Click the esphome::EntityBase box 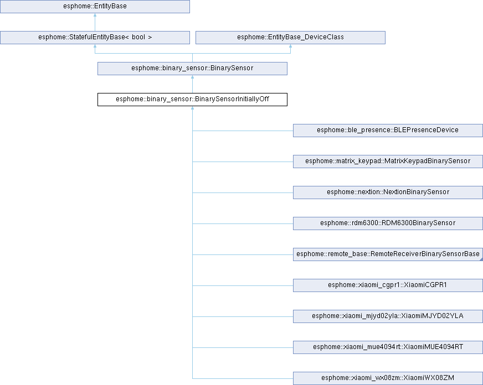[95, 7]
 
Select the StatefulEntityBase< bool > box [95, 38]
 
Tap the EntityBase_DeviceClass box [290, 38]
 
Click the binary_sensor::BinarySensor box [193, 69]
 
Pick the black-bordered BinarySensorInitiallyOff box [193, 100]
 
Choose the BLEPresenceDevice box [388, 131]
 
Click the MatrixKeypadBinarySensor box [388, 162]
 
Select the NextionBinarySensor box [388, 192]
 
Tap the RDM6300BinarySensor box [388, 223]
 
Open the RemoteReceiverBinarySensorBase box [388, 254]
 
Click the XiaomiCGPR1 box [388, 285]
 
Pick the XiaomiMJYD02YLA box [388, 316]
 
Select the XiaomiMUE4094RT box [388, 347]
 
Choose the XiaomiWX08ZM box [388, 378]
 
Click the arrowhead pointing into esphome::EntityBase [95, 15]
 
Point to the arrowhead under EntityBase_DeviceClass [290, 46]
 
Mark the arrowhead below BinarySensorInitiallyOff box [193, 108]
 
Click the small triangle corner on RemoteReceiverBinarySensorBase [481, 259]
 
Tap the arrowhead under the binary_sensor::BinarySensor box [193, 77]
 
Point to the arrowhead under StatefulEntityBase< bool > [95, 46]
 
